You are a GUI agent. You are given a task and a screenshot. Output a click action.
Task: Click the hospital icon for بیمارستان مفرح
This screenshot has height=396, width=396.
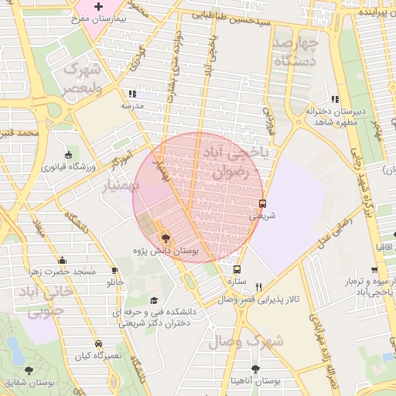tap(98, 7)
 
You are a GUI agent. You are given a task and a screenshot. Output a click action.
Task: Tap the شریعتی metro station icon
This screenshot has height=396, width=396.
tap(262, 204)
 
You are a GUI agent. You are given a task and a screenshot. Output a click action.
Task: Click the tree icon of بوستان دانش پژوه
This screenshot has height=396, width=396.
tap(164, 237)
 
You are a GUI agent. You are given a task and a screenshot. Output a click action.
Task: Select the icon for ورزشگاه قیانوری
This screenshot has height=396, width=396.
tap(69, 154)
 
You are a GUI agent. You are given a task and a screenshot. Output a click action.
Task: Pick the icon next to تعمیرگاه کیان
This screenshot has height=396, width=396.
tap(98, 343)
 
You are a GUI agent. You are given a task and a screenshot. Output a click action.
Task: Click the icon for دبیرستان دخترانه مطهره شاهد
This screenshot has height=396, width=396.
tap(334, 99)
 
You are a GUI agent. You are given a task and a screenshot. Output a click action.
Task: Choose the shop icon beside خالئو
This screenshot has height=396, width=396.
tap(115, 271)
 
